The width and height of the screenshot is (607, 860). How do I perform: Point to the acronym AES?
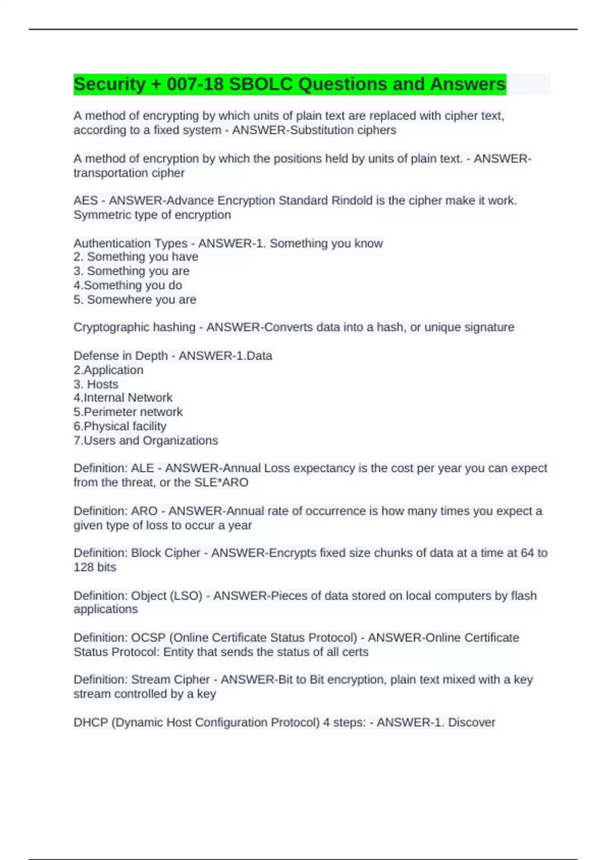pos(85,201)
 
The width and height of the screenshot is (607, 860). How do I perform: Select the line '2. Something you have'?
pos(136,257)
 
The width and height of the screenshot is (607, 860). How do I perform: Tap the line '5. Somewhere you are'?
pos(135,299)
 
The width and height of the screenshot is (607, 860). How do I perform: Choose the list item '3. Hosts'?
pos(96,384)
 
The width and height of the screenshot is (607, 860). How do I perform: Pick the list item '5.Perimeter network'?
pos(128,412)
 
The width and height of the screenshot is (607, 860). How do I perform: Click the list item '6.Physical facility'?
pos(120,426)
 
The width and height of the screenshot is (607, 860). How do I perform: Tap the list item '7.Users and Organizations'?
pos(146,440)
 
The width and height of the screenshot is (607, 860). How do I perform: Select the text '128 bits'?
pos(95,567)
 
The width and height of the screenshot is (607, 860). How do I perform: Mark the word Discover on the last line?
pos(471,722)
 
